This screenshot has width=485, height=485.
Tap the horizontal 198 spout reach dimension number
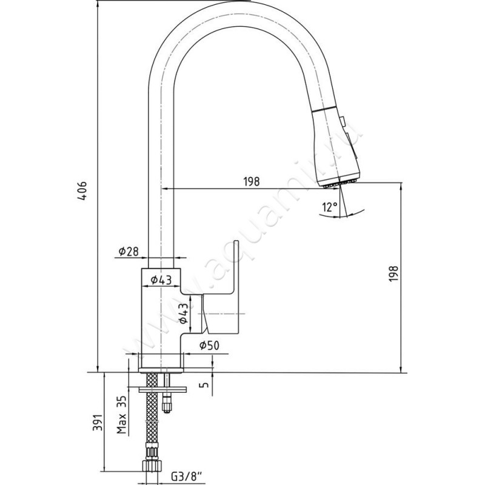point(252,181)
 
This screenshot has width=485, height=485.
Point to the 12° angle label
point(330,207)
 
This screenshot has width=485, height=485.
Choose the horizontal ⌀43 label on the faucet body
point(162,279)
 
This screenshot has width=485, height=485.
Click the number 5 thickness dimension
point(204,384)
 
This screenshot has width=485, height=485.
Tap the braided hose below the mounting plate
point(151,424)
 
